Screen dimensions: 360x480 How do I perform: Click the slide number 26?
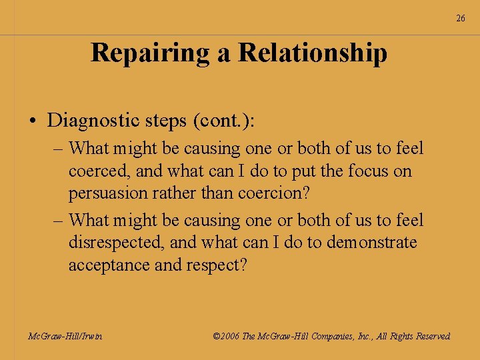461,18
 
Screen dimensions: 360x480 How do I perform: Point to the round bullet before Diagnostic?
32,121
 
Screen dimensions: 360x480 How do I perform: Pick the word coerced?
100,171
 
